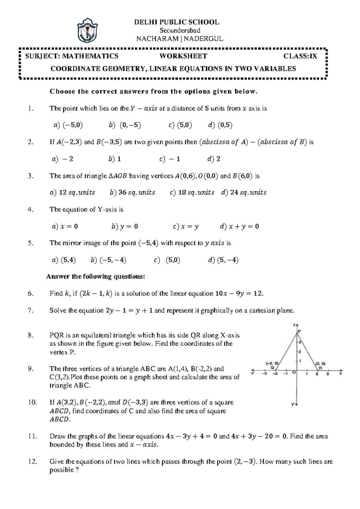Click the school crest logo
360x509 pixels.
(88, 30)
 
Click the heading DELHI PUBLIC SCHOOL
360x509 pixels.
(176, 22)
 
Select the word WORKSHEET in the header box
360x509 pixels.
(183, 56)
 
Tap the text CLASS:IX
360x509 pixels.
(300, 56)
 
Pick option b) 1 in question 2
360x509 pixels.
(115, 159)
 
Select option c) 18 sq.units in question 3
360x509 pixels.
(192, 193)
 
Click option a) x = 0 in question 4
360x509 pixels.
(65, 227)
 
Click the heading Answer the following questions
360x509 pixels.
(95, 277)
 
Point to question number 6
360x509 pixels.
(30, 294)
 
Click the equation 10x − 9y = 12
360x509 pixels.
(239, 294)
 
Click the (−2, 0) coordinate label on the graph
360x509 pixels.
(272, 363)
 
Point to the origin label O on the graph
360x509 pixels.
(294, 372)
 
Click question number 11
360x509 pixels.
(32, 436)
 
